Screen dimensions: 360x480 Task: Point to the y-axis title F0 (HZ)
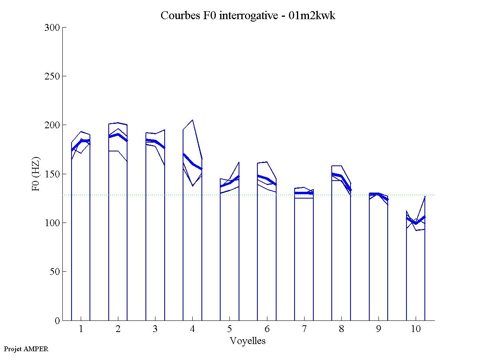click(36, 174)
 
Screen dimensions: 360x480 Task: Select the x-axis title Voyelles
click(248, 341)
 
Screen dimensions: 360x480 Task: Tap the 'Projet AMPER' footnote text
click(26, 349)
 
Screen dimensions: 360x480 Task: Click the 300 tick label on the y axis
click(52, 28)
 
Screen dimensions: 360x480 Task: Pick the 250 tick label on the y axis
click(52, 76)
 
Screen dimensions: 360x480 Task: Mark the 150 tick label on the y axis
click(52, 174)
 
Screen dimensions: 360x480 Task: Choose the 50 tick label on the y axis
click(55, 272)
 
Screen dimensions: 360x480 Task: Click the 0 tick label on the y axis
click(57, 320)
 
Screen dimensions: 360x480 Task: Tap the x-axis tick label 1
click(81, 329)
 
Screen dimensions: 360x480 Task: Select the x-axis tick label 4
click(192, 329)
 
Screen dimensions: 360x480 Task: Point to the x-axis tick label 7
click(304, 329)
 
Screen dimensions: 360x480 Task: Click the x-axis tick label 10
click(416, 329)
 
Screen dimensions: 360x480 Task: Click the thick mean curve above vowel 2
click(118, 134)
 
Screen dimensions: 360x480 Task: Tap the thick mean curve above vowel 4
click(193, 163)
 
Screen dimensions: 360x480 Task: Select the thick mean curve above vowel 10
click(416, 223)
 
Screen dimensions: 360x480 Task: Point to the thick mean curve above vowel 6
click(267, 178)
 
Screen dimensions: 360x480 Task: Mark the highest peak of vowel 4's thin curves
click(193, 120)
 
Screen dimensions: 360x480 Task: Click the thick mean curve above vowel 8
click(341, 176)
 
